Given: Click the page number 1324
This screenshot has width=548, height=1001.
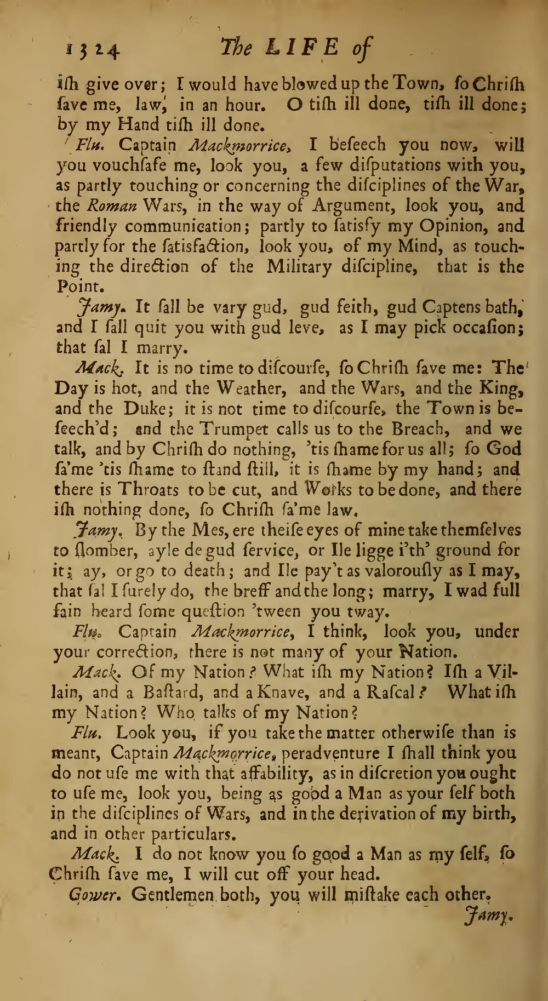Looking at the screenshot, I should tap(93, 51).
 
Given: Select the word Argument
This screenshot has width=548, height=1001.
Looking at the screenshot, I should tap(353, 205).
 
